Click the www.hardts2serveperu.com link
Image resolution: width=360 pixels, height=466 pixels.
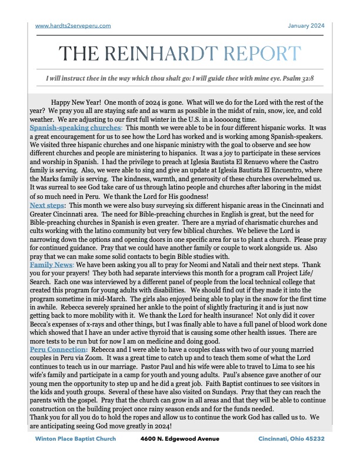[x=73, y=25]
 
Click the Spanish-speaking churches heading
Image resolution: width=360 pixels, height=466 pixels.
[x=75, y=128]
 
